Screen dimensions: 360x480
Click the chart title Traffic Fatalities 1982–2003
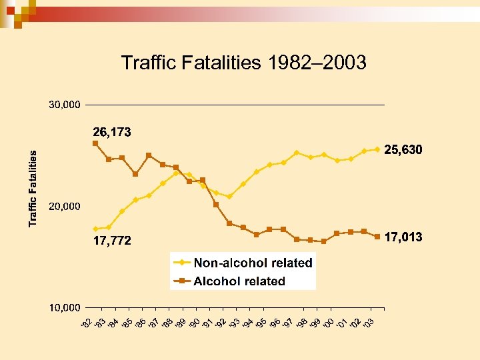(x=243, y=63)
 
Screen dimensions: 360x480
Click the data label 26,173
(x=111, y=132)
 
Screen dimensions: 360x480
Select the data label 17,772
(x=111, y=241)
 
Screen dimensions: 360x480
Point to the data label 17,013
(x=403, y=237)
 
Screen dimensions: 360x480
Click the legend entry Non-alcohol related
(x=253, y=263)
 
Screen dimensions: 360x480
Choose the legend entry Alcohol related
(x=239, y=281)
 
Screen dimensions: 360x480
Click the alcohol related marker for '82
(x=95, y=143)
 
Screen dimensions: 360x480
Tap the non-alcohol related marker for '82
(x=95, y=229)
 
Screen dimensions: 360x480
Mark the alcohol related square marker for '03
(x=377, y=237)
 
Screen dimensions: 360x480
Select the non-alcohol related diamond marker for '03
(x=377, y=149)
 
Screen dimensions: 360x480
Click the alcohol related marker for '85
(x=135, y=174)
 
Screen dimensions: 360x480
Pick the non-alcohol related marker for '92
(x=229, y=197)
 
